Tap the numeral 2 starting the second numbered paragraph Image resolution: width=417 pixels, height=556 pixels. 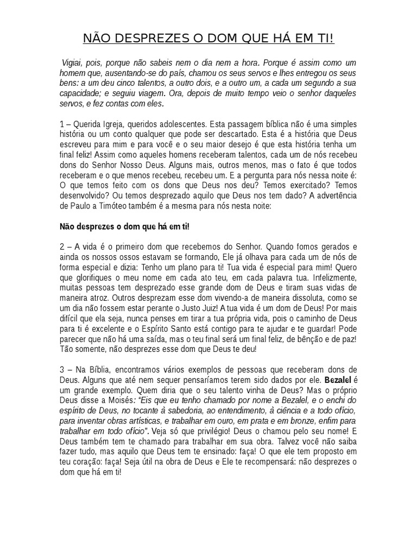(62, 247)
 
